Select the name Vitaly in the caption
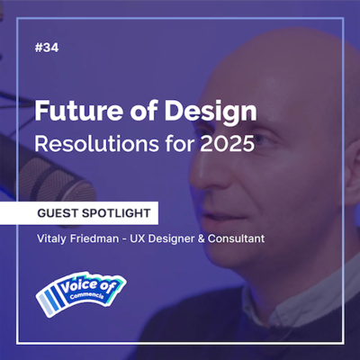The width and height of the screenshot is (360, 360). (x=56, y=242)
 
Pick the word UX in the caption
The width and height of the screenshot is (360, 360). (x=152, y=242)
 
